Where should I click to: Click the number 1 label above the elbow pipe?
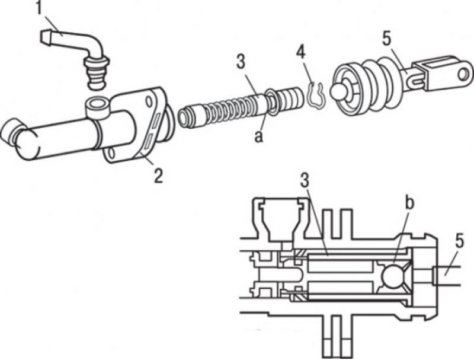point(39,7)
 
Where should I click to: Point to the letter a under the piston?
point(259,136)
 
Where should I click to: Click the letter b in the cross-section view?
point(409,203)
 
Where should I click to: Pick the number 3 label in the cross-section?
point(305,181)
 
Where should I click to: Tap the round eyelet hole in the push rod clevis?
point(463,74)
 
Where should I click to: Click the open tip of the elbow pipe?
point(44,36)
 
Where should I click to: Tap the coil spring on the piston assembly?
point(233,110)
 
